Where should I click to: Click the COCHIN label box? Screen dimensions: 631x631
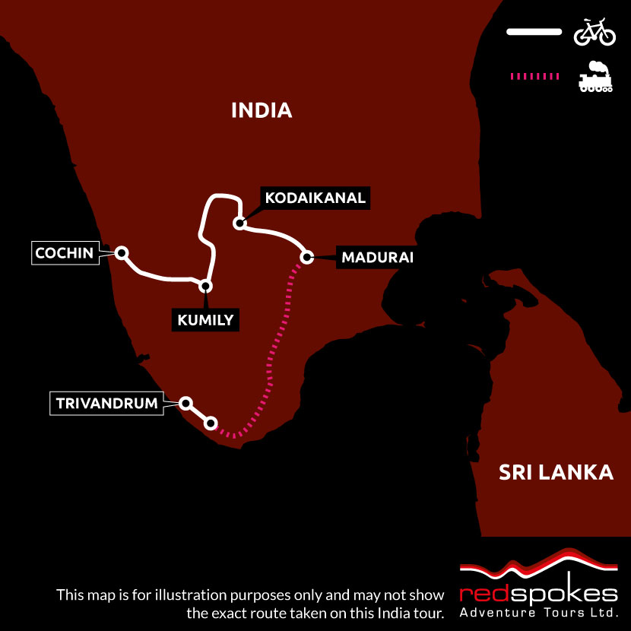click(64, 253)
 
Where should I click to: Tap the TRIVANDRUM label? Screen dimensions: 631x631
click(107, 403)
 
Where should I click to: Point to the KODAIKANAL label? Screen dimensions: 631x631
click(315, 198)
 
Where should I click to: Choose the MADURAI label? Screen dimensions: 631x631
click(377, 257)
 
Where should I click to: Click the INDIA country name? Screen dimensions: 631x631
click(262, 110)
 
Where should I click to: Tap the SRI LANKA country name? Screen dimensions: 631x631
click(556, 472)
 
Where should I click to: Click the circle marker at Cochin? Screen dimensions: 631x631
click(120, 252)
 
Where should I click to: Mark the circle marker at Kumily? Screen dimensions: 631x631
click(205, 286)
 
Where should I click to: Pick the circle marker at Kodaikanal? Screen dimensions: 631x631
click(239, 224)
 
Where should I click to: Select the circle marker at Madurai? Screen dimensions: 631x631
click(307, 257)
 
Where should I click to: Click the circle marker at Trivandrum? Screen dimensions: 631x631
click(185, 403)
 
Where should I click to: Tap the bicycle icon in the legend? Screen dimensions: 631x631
click(595, 33)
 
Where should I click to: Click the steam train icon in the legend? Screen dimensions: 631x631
click(595, 77)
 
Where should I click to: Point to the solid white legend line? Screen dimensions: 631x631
click(534, 33)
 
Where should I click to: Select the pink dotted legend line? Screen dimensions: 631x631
click(534, 77)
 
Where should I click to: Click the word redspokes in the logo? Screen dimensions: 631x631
click(538, 593)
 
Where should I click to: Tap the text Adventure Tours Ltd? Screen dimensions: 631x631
click(538, 612)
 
